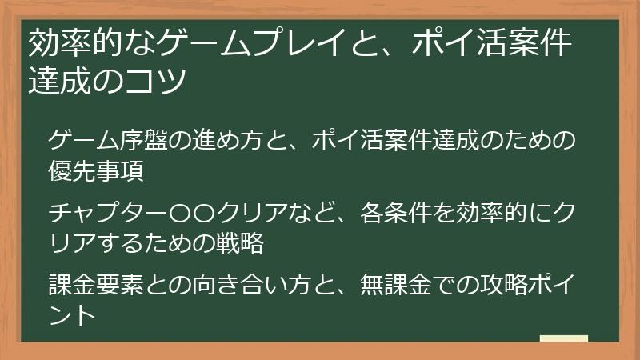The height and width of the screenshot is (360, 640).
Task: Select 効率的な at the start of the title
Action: click(x=87, y=45)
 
